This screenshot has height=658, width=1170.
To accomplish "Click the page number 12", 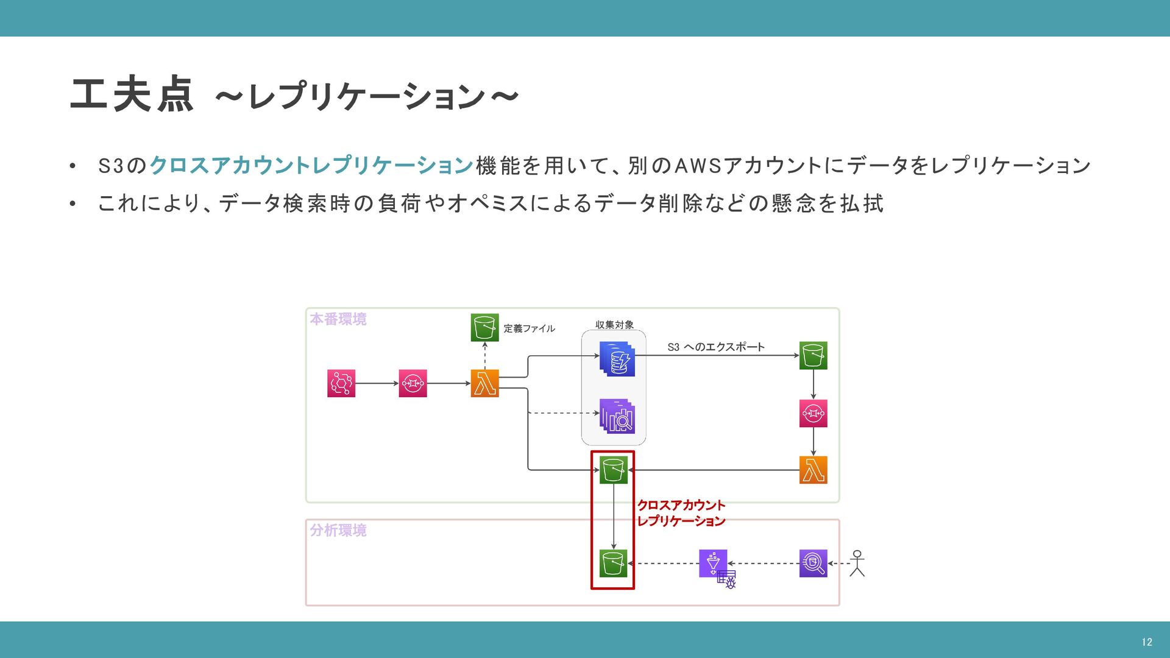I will [1146, 642].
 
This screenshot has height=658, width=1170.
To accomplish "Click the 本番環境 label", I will [338, 319].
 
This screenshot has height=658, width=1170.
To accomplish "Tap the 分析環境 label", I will [338, 530].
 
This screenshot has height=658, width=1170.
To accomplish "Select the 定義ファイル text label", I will [529, 328].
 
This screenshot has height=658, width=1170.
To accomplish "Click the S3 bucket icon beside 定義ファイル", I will [484, 328].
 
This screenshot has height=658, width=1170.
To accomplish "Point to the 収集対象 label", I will [614, 325].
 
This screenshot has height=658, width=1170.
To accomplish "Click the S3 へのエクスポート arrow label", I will [715, 347].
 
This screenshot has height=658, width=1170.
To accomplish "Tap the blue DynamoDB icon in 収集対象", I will [617, 359].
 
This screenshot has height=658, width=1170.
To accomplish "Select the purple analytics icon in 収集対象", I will [617, 416].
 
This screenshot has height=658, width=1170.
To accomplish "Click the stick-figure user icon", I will [857, 564].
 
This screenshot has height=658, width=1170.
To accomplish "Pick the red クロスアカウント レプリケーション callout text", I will [681, 513].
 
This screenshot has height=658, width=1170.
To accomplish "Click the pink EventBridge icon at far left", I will [341, 383].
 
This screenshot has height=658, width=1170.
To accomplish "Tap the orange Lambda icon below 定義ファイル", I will [484, 383].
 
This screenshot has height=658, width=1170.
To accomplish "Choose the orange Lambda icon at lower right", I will [813, 470].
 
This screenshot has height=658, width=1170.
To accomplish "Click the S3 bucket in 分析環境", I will [613, 564].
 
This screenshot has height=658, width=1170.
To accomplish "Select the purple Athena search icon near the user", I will [813, 564].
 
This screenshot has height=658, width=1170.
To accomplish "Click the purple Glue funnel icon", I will [713, 564].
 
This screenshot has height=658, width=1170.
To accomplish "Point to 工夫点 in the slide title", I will [132, 95].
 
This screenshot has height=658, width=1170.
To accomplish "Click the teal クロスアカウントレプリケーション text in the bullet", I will [311, 166].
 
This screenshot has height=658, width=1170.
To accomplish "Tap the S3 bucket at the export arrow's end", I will [813, 355].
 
